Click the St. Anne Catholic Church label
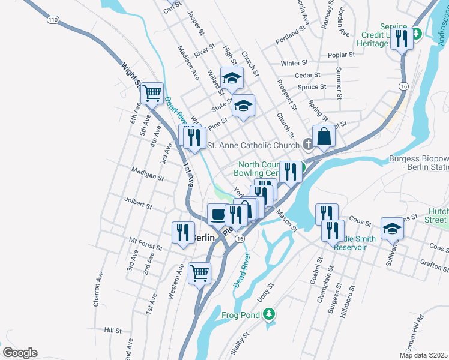(x=253, y=145)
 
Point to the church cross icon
(x=308, y=144)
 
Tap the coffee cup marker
(x=217, y=213)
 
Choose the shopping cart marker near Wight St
(x=152, y=93)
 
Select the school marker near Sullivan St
(x=392, y=227)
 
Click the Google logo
(x=20, y=353)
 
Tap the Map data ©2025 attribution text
(x=423, y=355)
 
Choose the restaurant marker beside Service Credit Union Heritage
(x=402, y=39)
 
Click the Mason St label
(x=287, y=220)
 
